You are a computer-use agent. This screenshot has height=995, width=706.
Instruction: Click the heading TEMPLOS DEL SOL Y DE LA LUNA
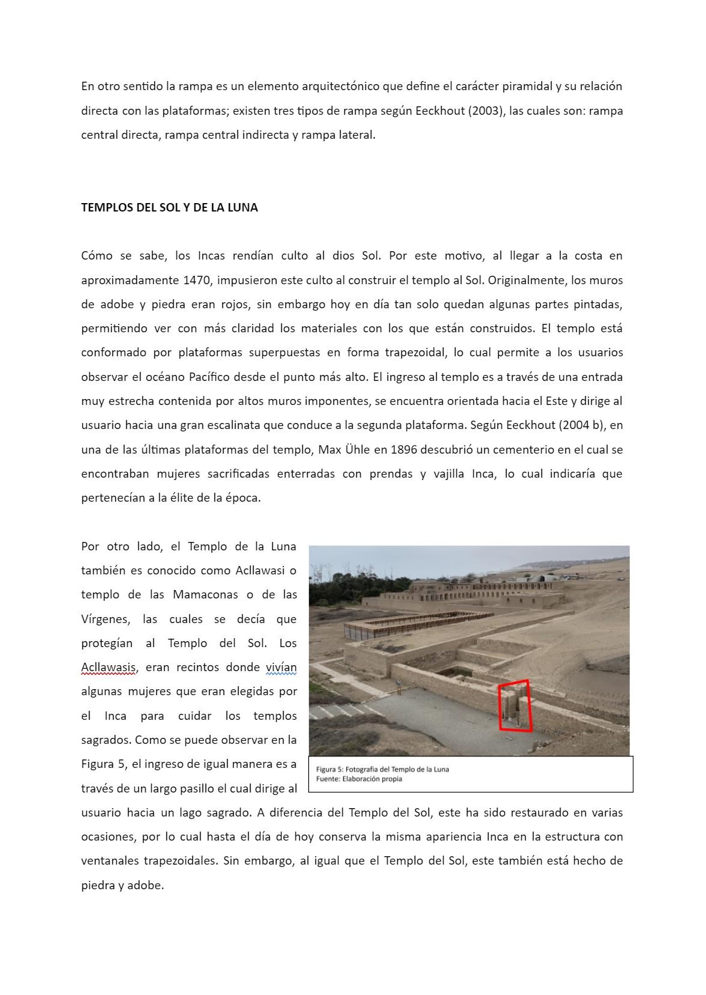pos(169,207)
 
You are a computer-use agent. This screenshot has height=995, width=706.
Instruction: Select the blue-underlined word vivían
pos(281,667)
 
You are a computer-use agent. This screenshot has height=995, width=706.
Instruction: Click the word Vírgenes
pos(106,619)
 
